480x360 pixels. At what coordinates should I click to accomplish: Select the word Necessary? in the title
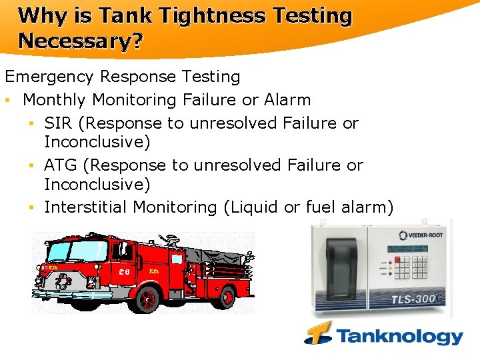pos(81,41)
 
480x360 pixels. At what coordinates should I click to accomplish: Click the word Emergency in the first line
pos(45,77)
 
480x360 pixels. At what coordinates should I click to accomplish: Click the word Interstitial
pos(86,207)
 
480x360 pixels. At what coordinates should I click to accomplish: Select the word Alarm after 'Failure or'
pos(287,100)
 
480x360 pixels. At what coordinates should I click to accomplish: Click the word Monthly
pos(55,100)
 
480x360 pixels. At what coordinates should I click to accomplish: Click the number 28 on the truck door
pos(123,272)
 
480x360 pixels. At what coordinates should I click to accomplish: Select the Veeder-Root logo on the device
pos(422,235)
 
